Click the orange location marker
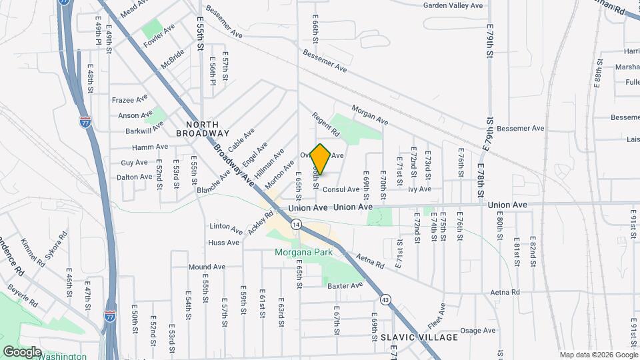[x=321, y=159]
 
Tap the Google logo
[x=22, y=351]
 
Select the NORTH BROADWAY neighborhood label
[x=193, y=129]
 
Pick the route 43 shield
[x=386, y=299]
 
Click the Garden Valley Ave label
[x=453, y=5]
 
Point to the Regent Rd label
[x=326, y=125]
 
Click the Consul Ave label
[x=341, y=189]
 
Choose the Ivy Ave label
[x=420, y=189]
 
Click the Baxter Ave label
[x=345, y=285]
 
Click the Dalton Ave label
[x=135, y=177]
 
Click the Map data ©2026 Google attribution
[x=597, y=354]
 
